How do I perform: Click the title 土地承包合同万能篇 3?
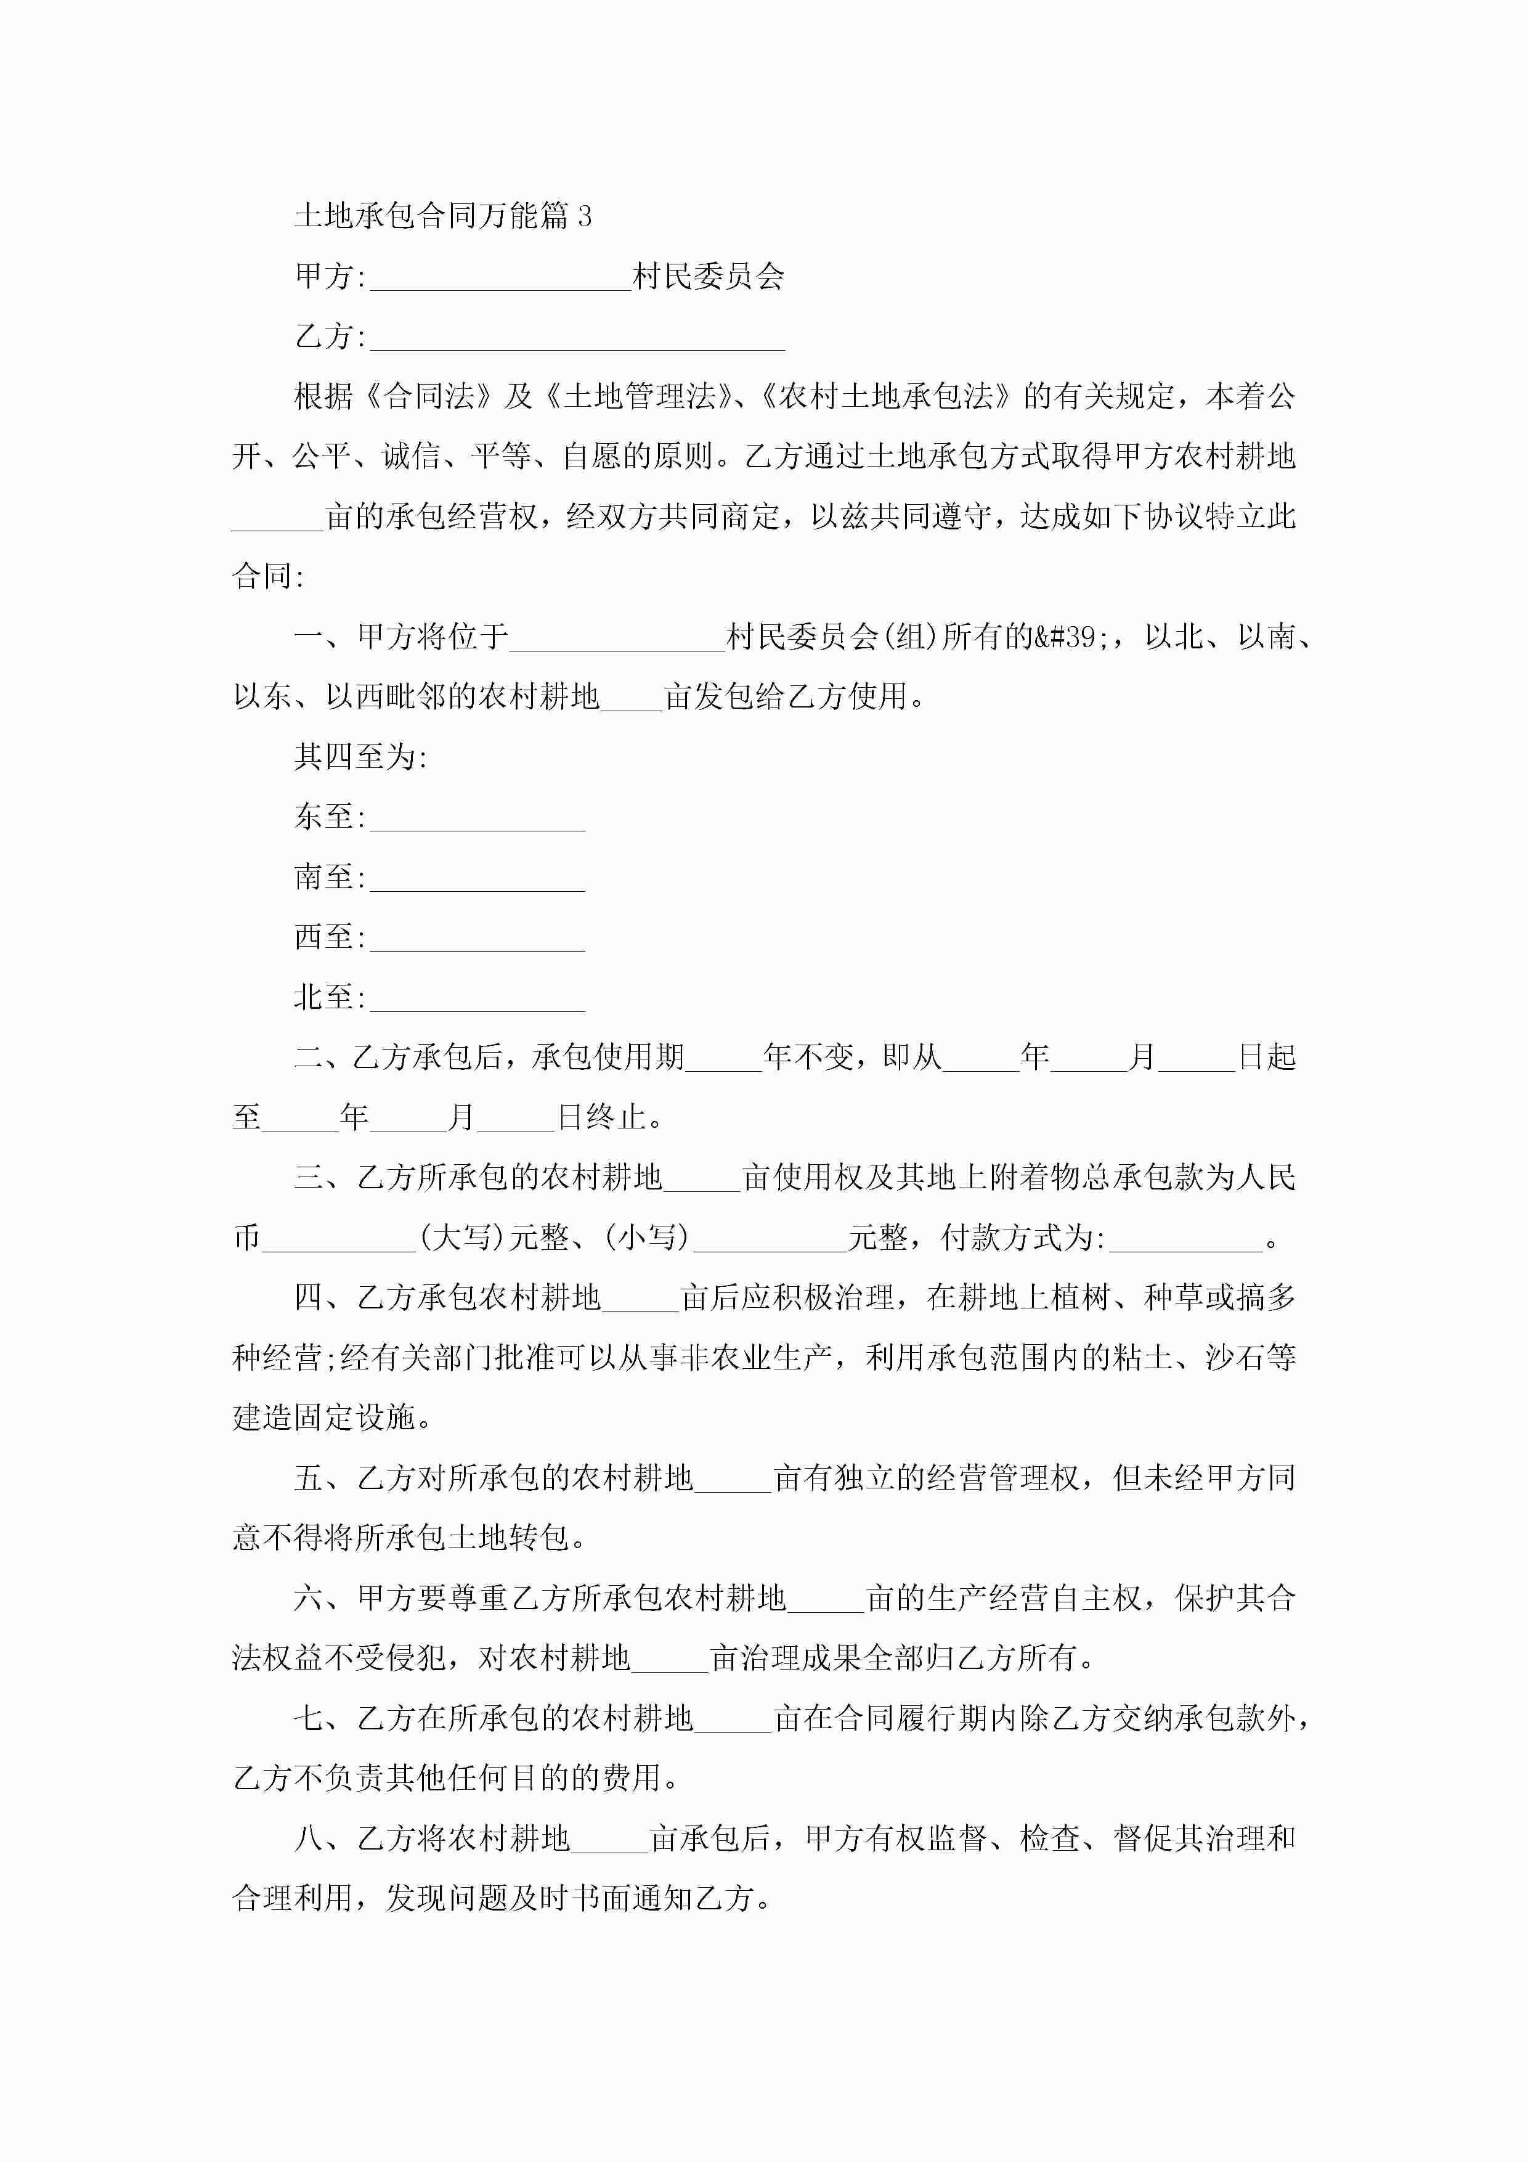442,216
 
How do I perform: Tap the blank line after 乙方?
577,339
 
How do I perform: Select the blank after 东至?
477,819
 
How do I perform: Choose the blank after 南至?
477,879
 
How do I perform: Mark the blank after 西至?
477,940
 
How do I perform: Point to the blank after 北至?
477,1000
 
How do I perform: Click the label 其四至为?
360,757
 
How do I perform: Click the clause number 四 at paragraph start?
309,1297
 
